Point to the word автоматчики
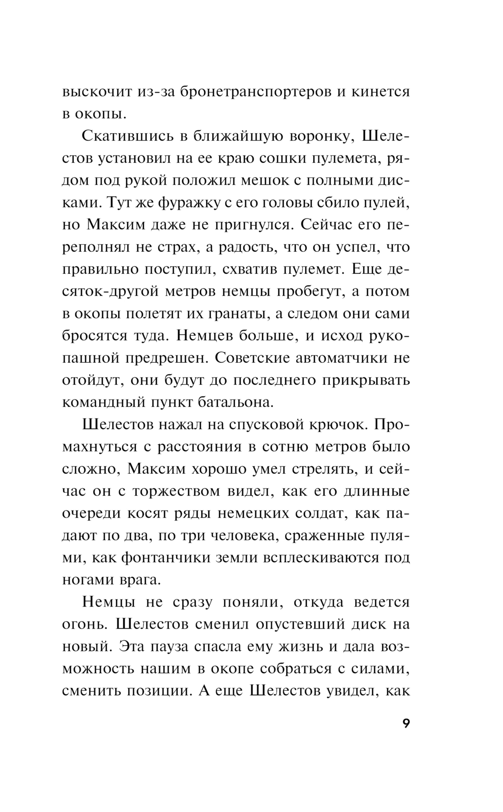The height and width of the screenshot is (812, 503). click(348, 358)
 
